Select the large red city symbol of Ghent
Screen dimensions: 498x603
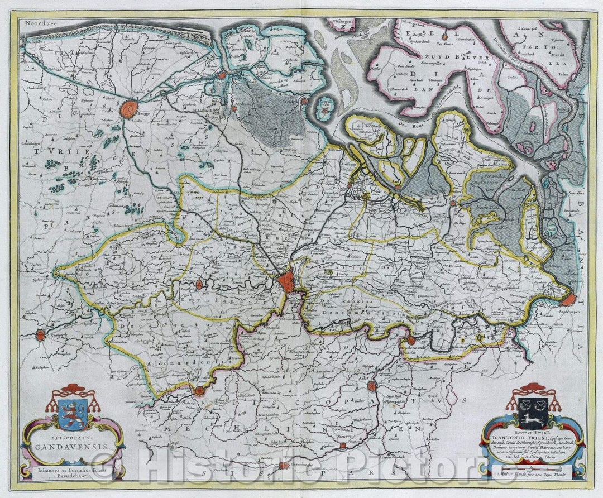(x=287, y=280)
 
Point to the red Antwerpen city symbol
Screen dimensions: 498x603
(x=568, y=300)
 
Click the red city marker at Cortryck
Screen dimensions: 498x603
(x=40, y=336)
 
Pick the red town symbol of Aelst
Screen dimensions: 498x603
(x=371, y=386)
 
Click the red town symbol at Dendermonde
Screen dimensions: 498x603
(x=411, y=339)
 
